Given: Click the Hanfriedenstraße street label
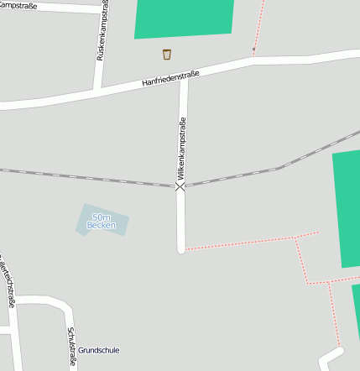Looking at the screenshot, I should tap(170, 79).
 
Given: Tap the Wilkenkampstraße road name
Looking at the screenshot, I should tap(180, 149).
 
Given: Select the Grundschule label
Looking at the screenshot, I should tap(98, 348).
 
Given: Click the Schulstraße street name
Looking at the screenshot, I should tap(71, 347).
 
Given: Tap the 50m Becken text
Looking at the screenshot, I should tap(102, 222).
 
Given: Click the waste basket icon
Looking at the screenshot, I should tap(166, 55).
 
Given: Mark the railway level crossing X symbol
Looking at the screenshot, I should tap(180, 186).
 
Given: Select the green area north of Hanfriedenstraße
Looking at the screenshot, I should tap(184, 18).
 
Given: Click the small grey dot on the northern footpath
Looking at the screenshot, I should tap(254, 50).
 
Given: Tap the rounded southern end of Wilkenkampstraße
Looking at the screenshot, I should tap(180, 248).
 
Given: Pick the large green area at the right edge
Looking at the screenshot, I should tap(347, 210).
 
